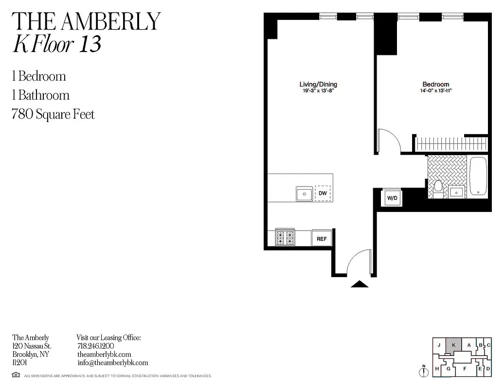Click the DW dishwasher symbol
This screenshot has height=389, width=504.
(x=322, y=194)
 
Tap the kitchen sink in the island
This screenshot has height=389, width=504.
(x=305, y=194)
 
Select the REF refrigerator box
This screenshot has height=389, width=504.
(x=322, y=239)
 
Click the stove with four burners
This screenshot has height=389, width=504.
(x=285, y=237)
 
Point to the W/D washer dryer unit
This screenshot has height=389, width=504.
(x=392, y=198)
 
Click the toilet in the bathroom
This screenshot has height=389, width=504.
(x=437, y=189)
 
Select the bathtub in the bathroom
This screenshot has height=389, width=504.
(x=478, y=177)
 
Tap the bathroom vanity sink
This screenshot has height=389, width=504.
(x=456, y=192)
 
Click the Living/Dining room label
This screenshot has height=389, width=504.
(x=318, y=84)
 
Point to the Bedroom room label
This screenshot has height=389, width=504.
(x=435, y=84)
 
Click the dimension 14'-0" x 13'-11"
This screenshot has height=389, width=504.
(x=435, y=90)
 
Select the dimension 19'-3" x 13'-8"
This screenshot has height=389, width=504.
(x=318, y=90)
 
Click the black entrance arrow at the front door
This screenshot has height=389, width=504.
(x=360, y=284)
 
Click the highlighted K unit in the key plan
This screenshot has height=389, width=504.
(x=453, y=345)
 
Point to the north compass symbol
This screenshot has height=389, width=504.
(x=424, y=371)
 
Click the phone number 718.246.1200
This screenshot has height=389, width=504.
(x=96, y=346)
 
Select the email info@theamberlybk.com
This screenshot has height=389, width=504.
(x=112, y=363)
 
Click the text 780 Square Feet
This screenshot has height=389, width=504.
(x=53, y=114)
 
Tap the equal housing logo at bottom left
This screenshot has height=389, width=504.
(x=16, y=375)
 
